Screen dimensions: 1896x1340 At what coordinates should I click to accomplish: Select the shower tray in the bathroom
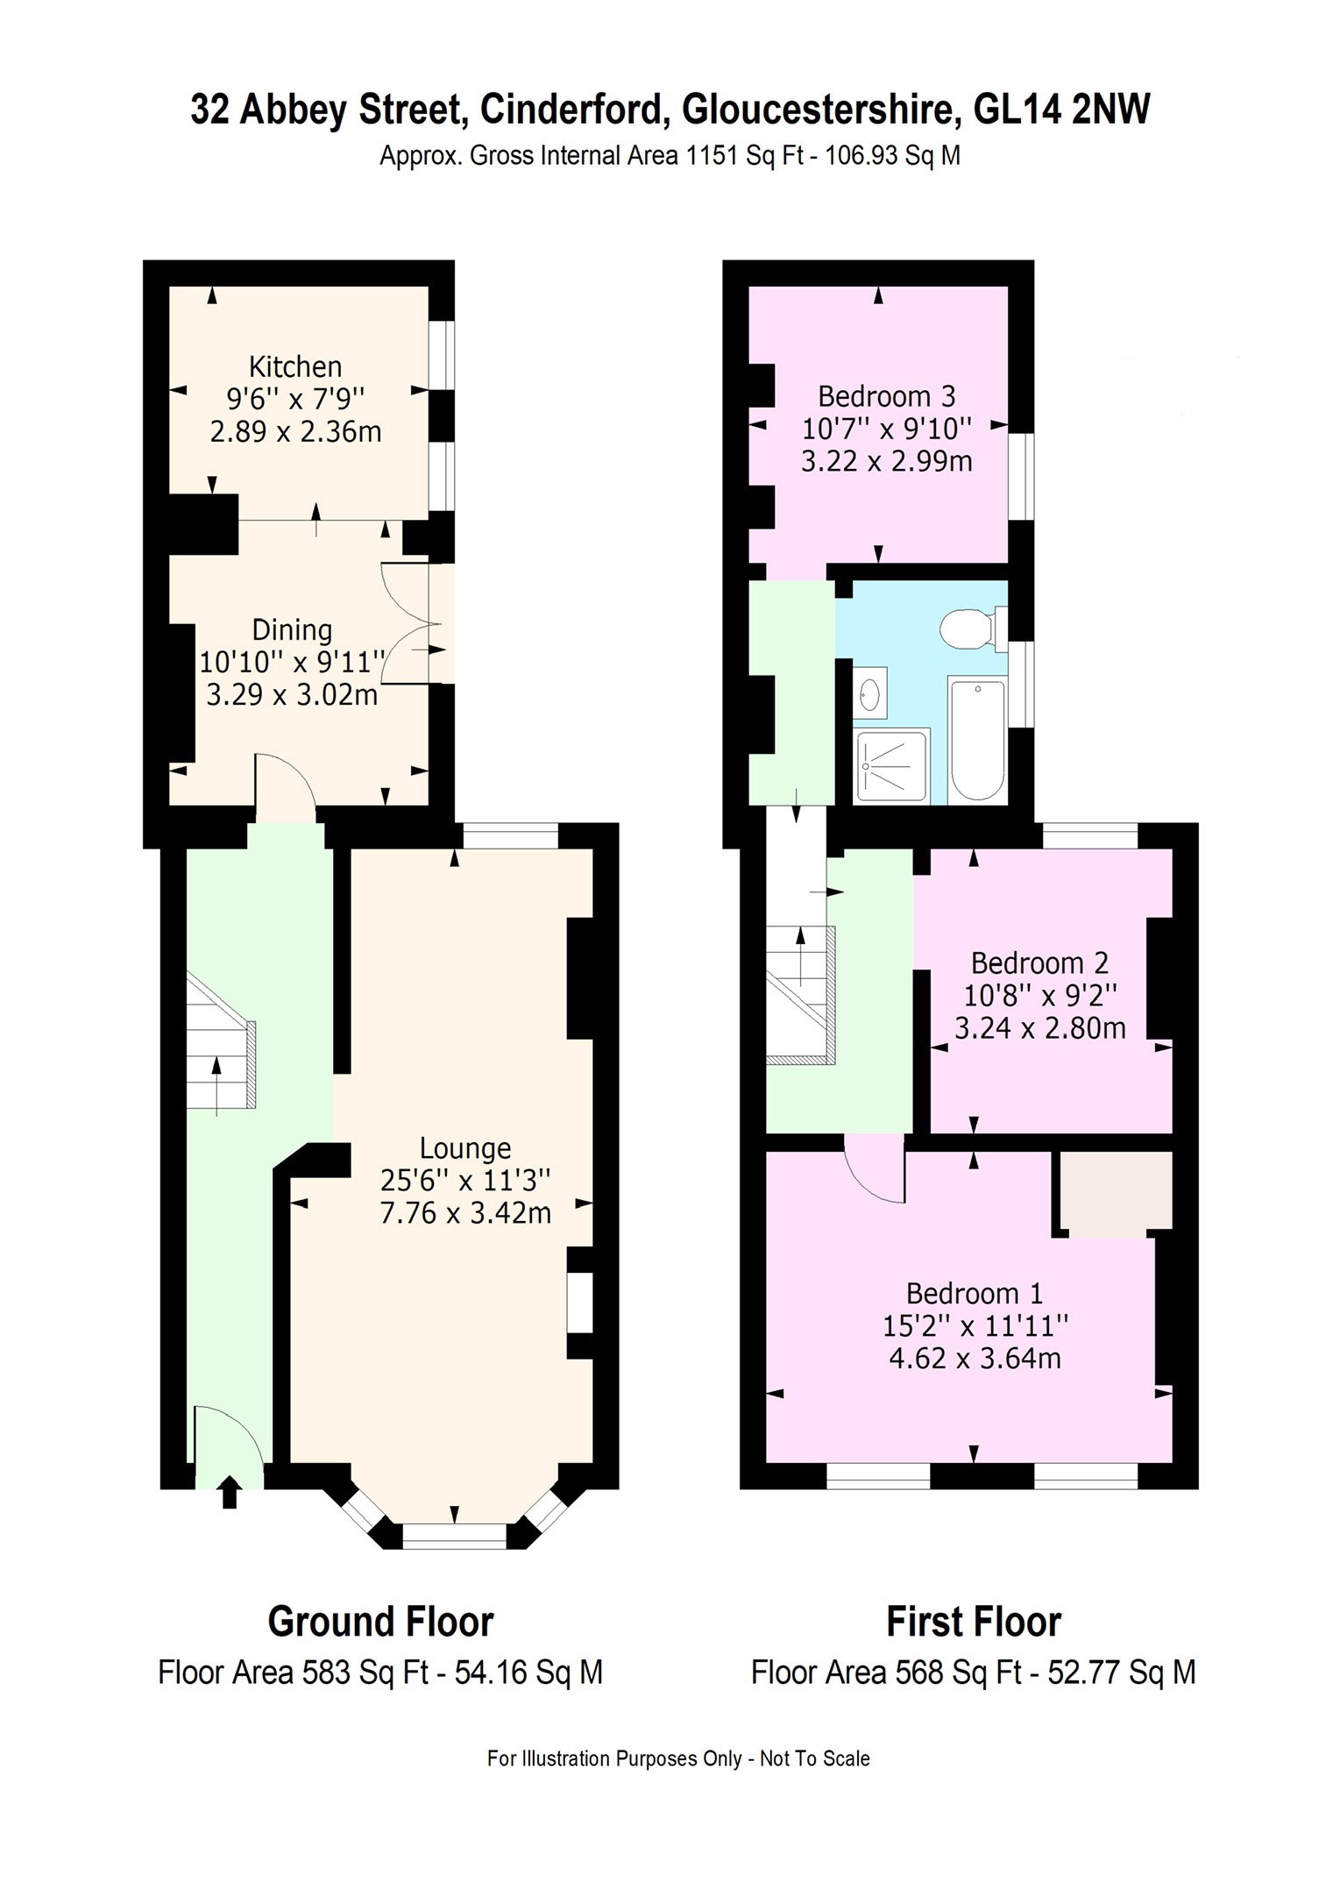pyautogui.click(x=891, y=765)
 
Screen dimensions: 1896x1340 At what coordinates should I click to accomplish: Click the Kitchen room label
pyautogui.click(x=295, y=366)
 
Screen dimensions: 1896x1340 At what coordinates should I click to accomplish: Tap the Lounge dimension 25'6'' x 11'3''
pyautogui.click(x=465, y=1180)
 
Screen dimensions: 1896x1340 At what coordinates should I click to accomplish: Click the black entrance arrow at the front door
pyautogui.click(x=230, y=1491)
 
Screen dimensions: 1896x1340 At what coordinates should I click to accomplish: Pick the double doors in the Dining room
pyautogui.click(x=412, y=624)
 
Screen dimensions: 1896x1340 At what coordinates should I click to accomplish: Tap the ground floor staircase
pyautogui.click(x=219, y=1045)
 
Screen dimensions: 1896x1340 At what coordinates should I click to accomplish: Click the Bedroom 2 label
pyautogui.click(x=1039, y=963)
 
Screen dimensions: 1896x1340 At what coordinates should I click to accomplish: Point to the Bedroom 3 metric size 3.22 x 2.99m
pyautogui.click(x=886, y=461)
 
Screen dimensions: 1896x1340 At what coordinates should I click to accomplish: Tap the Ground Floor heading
pyautogui.click(x=380, y=1622)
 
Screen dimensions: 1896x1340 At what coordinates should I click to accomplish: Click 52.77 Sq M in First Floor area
pyautogui.click(x=1122, y=1672)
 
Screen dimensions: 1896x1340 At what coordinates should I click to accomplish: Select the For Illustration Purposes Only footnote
pyautogui.click(x=678, y=1758)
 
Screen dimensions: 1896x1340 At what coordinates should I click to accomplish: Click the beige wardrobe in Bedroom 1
pyautogui.click(x=1116, y=1191)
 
